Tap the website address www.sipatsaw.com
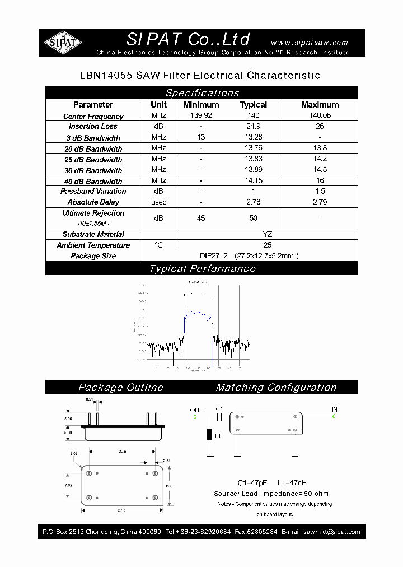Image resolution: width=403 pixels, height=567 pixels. [309, 43]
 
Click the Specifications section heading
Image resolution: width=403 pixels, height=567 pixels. [201, 93]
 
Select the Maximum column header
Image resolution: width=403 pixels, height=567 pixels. [320, 105]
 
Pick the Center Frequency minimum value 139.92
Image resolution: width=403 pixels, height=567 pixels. [201, 115]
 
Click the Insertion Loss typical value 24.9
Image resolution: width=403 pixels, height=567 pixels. [254, 126]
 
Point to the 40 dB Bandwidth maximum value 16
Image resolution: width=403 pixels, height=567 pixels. [320, 180]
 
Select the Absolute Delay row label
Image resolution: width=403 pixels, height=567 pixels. [93, 202]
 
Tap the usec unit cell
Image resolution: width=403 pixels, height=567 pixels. [158, 202]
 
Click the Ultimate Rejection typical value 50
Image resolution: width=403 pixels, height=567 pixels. [254, 217]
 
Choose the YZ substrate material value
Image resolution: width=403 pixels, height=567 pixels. [267, 234]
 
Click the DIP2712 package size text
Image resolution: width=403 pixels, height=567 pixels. [213, 255]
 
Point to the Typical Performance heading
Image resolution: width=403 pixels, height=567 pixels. [201, 269]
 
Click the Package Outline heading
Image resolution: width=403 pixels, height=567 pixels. [121, 387]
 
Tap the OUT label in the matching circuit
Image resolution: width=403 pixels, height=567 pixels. [196, 410]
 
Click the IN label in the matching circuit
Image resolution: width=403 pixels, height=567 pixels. [334, 410]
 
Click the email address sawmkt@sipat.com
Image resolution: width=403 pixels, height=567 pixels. [329, 532]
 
